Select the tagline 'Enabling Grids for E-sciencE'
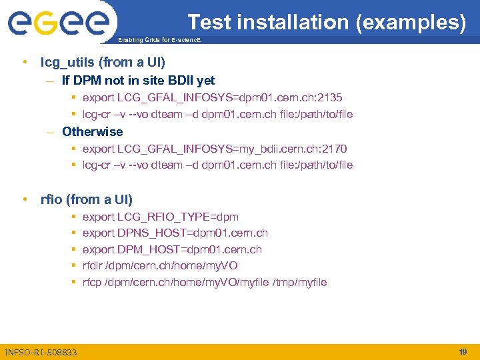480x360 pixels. point(159,41)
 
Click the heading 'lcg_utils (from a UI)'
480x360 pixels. point(103,63)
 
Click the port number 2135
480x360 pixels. point(331,98)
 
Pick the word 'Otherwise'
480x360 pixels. point(92,132)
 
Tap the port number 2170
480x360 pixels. point(334,149)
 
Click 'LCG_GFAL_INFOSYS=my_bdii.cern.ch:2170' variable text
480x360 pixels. point(231,149)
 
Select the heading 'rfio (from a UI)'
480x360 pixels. point(87,199)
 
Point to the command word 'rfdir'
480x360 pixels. point(93,265)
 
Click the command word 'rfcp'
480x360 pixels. point(92,282)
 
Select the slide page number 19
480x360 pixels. point(463,351)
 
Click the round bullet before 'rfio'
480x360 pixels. point(24,199)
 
